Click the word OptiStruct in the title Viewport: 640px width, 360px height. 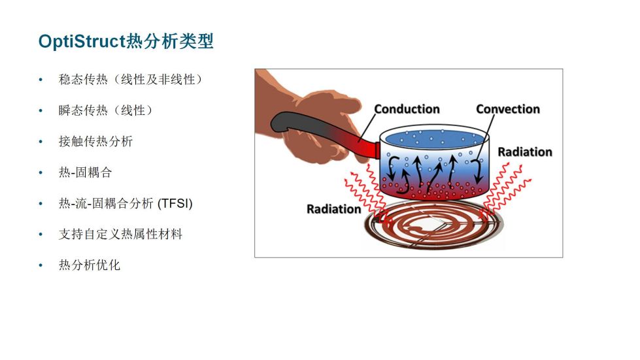pyautogui.click(x=81, y=42)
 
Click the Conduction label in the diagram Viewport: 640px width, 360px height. pyautogui.click(x=407, y=109)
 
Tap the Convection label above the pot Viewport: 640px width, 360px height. pyautogui.click(x=508, y=109)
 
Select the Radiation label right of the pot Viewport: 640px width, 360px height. pyautogui.click(x=525, y=152)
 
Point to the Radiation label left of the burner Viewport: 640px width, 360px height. pyautogui.click(x=334, y=209)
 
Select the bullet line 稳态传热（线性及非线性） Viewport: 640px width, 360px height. pyautogui.click(x=130, y=79)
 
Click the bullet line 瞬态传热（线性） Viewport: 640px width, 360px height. pyautogui.click(x=105, y=110)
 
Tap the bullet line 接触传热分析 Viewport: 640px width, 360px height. pyautogui.click(x=95, y=141)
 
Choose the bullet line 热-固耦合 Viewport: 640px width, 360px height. pyautogui.click(x=85, y=172)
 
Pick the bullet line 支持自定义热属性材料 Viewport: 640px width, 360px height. pyautogui.click(x=120, y=234)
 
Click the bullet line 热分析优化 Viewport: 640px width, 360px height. pyautogui.click(x=90, y=265)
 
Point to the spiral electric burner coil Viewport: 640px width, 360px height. pyautogui.click(x=433, y=224)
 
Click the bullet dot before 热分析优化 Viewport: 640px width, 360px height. pyautogui.click(x=41, y=265)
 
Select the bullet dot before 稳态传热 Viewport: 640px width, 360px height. pyautogui.click(x=41, y=80)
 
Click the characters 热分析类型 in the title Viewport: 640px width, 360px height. pyautogui.click(x=169, y=42)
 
